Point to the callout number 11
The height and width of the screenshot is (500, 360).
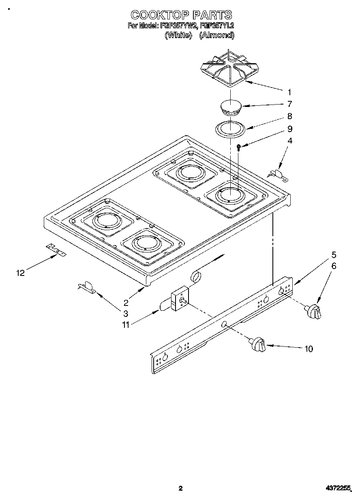[126, 324]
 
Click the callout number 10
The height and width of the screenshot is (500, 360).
[309, 349]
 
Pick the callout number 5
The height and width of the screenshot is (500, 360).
[334, 255]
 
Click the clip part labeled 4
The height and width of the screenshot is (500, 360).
[278, 174]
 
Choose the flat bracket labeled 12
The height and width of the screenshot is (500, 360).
[56, 251]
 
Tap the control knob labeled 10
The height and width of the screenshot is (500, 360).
[258, 344]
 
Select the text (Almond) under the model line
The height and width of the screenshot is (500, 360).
[217, 35]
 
